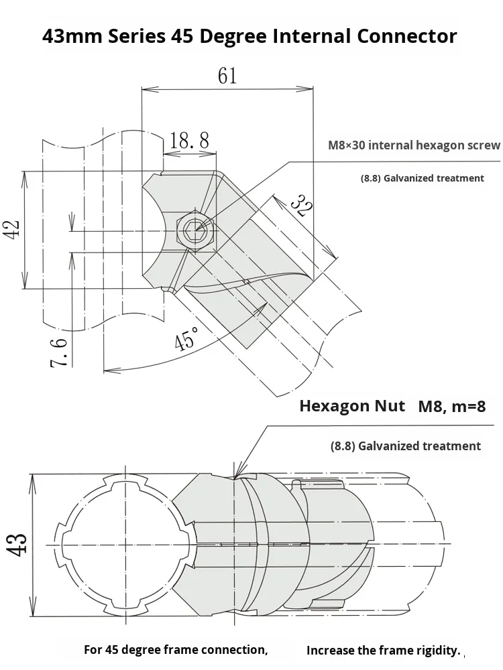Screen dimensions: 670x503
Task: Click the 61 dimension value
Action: [x=227, y=76]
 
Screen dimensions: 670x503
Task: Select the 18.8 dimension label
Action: [x=189, y=140]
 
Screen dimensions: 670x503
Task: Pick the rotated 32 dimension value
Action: [x=301, y=206]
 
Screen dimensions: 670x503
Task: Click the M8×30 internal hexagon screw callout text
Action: [x=414, y=145]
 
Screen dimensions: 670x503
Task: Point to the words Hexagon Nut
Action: [x=351, y=406]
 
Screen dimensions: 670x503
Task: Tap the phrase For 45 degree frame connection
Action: [x=176, y=650]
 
